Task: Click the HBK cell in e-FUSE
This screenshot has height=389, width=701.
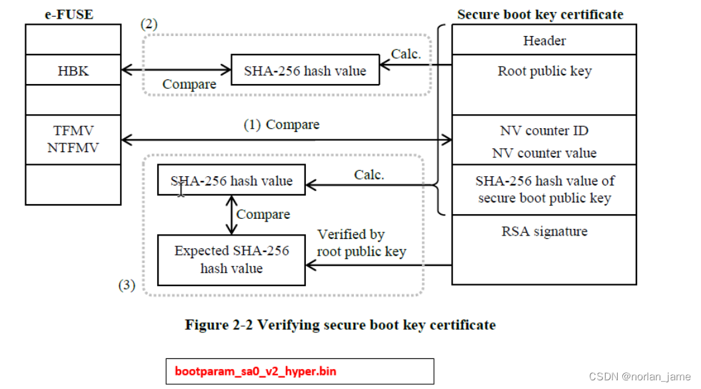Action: click(73, 71)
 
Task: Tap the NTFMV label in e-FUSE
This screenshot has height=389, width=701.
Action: click(73, 147)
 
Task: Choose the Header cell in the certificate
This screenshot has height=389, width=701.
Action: click(544, 41)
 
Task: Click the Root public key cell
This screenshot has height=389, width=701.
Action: click(544, 71)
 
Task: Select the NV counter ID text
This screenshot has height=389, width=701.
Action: click(544, 131)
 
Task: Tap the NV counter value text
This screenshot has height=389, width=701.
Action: click(544, 153)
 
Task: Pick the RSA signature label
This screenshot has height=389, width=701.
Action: click(544, 232)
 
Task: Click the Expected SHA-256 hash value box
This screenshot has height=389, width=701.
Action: click(231, 260)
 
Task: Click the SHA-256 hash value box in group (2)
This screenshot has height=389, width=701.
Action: click(305, 71)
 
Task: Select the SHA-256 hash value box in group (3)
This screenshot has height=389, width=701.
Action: click(231, 181)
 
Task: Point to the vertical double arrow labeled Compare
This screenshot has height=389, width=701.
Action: click(231, 214)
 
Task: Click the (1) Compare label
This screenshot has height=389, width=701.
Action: click(281, 125)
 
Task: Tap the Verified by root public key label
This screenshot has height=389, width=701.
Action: click(360, 243)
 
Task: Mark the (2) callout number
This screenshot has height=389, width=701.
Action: click(149, 24)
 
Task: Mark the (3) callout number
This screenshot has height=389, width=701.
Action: click(127, 286)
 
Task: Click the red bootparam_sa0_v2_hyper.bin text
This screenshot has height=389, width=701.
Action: click(255, 371)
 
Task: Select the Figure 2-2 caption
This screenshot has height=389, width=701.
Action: click(340, 325)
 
